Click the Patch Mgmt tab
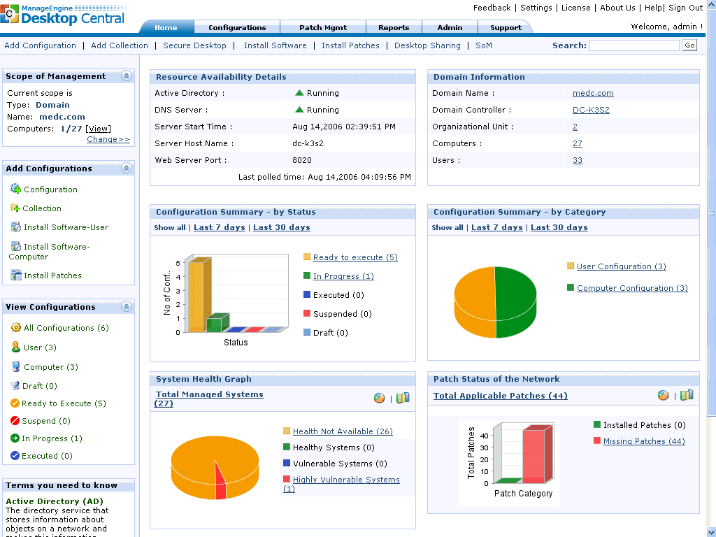click(x=322, y=28)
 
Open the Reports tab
click(x=394, y=28)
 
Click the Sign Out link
click(x=685, y=8)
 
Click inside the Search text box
click(x=633, y=45)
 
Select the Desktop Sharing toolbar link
click(x=427, y=45)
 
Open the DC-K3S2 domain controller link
click(x=591, y=110)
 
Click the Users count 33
click(x=577, y=160)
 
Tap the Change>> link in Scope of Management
click(x=108, y=139)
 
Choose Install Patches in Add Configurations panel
click(x=52, y=275)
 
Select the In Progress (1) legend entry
click(x=343, y=276)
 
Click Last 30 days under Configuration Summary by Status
click(x=281, y=227)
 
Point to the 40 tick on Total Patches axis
click(x=485, y=435)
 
